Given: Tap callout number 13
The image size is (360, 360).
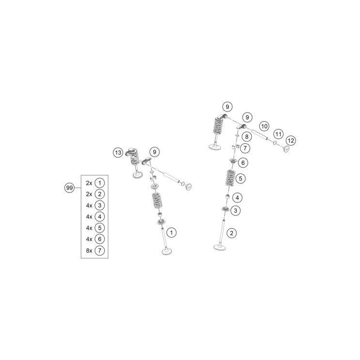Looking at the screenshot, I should coord(118,153).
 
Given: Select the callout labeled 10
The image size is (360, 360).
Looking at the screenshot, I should coord(264,126).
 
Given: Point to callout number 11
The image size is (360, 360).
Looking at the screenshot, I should coord(278,134).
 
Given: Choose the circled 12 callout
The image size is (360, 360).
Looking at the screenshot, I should coord(291,141).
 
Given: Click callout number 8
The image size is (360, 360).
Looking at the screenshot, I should coord(247,137).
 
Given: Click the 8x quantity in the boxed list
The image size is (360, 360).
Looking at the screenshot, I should coord(89,250).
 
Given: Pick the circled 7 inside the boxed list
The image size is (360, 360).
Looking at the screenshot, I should coord(99,250).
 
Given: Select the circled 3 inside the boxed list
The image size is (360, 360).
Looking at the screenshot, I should coord(99,205).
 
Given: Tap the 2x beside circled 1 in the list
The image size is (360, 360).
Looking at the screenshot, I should coord(89,183).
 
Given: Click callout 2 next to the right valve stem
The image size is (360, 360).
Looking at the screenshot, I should coord(232,233).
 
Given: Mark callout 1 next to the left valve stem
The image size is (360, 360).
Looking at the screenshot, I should coord(172,233).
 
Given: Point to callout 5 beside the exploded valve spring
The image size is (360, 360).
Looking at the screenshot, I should coord(241,178).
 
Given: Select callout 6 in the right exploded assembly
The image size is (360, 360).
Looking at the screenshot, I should coord(243,163).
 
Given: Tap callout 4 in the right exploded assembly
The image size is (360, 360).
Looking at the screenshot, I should coord(237,198).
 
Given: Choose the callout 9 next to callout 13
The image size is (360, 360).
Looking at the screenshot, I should coord(154,152).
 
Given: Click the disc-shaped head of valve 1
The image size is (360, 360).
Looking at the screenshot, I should coord(168,251).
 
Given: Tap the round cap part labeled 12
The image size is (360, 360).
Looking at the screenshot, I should coord(286,148).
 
